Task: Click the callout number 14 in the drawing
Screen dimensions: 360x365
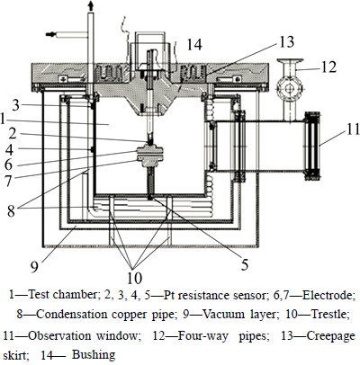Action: click(x=194, y=45)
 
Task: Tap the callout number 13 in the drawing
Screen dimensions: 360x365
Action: click(x=286, y=41)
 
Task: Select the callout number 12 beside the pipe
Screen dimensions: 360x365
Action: click(x=328, y=67)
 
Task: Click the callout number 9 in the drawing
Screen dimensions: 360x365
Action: click(x=35, y=266)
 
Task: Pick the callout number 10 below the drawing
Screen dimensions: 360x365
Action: click(x=134, y=278)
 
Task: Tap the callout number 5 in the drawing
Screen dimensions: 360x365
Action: click(x=245, y=264)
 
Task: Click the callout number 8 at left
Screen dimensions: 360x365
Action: click(x=11, y=210)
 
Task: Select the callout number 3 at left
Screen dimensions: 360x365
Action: click(x=16, y=105)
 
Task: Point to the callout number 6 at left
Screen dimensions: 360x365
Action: click(x=8, y=165)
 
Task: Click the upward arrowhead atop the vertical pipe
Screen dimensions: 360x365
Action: click(x=90, y=6)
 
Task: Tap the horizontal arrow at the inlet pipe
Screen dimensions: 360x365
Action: click(x=50, y=34)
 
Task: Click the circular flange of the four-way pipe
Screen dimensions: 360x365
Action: click(x=290, y=88)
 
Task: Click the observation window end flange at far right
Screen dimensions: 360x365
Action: click(x=312, y=146)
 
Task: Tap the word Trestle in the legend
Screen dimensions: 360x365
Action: click(x=329, y=315)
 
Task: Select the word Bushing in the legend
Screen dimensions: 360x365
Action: click(x=94, y=355)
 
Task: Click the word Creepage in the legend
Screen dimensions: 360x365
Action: click(x=330, y=336)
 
